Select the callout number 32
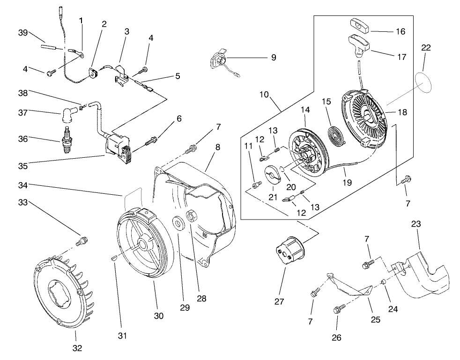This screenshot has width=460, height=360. (x=77, y=348)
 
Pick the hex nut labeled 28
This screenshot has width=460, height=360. (x=192, y=218)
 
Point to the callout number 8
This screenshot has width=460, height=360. (x=217, y=147)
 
